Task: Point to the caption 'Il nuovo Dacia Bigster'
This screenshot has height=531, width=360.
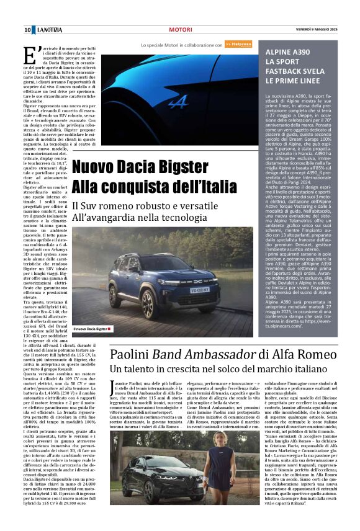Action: (x=91, y=329)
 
